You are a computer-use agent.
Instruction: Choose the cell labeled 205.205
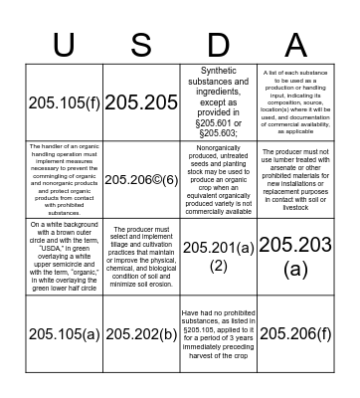[x=140, y=102]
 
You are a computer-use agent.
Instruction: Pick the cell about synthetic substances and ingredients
[x=219, y=102]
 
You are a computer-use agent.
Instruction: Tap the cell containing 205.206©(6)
[x=140, y=179]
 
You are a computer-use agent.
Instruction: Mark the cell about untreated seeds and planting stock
[x=219, y=179]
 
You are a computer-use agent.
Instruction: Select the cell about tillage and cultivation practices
[x=140, y=257]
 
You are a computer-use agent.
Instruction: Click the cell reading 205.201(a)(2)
[x=219, y=257]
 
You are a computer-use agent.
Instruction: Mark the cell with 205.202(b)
[x=140, y=334]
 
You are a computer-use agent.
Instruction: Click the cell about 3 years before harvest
[x=219, y=334]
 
